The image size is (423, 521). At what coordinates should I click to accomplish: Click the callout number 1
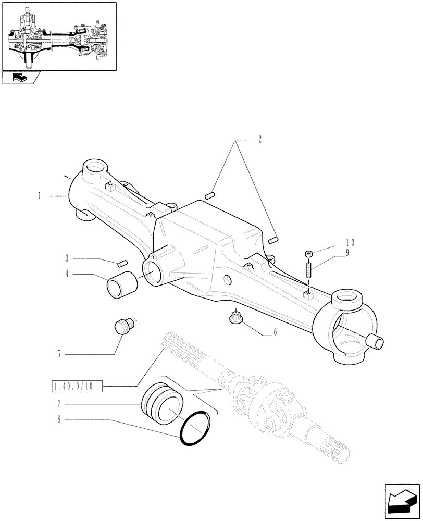[x=39, y=196]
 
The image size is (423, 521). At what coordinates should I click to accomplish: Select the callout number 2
[x=259, y=140]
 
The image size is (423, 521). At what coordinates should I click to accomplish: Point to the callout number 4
[x=68, y=274]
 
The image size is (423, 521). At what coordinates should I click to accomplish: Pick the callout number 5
[x=59, y=354]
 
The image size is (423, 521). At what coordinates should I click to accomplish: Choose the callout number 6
[x=275, y=332]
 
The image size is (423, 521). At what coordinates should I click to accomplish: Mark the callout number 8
[x=59, y=419]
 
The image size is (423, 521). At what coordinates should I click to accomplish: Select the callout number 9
[x=347, y=253]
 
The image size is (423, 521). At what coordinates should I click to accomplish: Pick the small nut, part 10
[x=309, y=254]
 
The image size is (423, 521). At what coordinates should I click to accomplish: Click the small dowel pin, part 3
[x=123, y=262]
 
